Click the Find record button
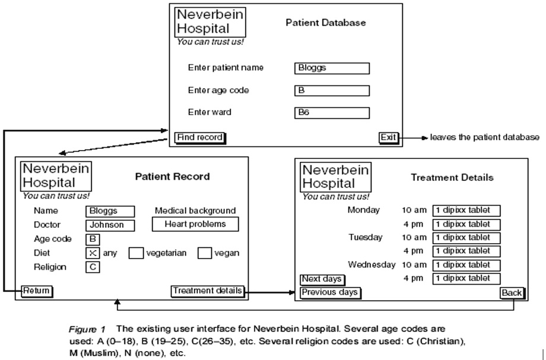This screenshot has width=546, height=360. tap(200, 138)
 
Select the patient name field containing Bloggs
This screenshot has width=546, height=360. tap(332, 68)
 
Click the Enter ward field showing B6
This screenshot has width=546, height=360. tap(332, 113)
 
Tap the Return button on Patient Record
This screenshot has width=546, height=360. tap(37, 291)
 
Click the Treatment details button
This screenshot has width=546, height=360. tap(207, 291)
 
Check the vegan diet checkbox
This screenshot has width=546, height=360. tap(205, 253)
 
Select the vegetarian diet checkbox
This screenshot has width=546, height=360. tap(136, 253)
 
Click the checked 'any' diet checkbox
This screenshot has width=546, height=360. tap(93, 253)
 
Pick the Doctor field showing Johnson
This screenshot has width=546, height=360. tap(110, 225)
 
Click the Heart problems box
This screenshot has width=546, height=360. tap(195, 224)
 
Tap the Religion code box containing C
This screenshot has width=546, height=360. tap(93, 267)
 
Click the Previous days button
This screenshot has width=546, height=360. tap(330, 292)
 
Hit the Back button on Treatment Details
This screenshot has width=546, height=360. tap(512, 293)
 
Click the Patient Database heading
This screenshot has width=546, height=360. tap(326, 23)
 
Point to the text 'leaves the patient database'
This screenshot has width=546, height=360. tap(484, 138)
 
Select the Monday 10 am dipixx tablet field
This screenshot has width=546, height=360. tap(466, 211)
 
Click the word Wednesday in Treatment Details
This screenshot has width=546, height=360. tap(372, 265)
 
